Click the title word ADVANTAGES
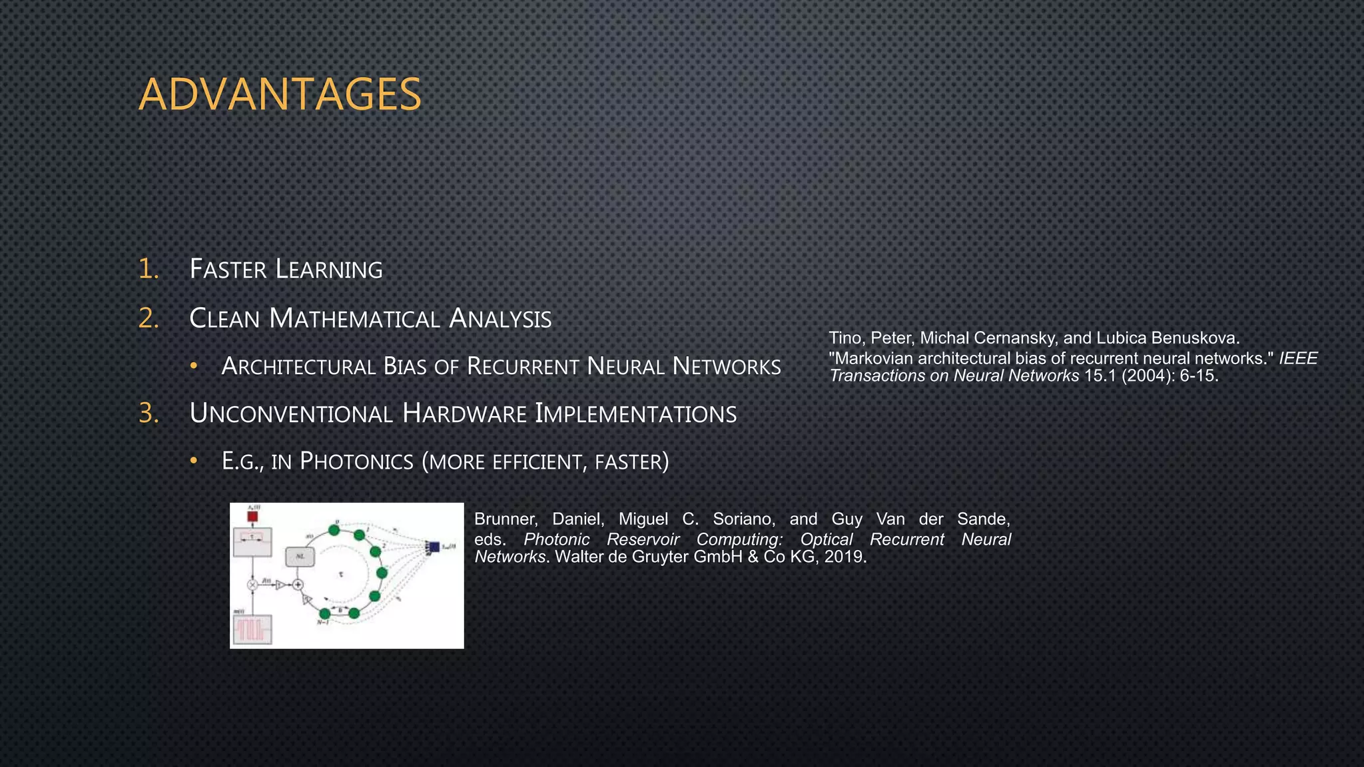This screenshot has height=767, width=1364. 280,95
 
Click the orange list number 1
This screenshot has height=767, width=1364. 148,269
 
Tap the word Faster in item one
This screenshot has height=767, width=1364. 228,270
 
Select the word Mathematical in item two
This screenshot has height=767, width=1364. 354,318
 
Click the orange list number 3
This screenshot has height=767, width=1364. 149,413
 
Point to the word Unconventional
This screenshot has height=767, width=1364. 290,414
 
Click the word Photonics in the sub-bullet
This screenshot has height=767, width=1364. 357,461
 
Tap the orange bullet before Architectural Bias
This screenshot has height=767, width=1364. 193,366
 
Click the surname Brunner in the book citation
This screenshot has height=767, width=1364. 505,519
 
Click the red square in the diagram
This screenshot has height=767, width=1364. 252,516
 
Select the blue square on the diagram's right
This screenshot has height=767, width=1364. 434,547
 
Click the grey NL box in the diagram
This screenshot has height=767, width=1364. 300,557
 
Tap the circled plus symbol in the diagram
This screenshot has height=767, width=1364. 298,585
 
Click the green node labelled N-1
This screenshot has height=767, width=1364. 324,613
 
